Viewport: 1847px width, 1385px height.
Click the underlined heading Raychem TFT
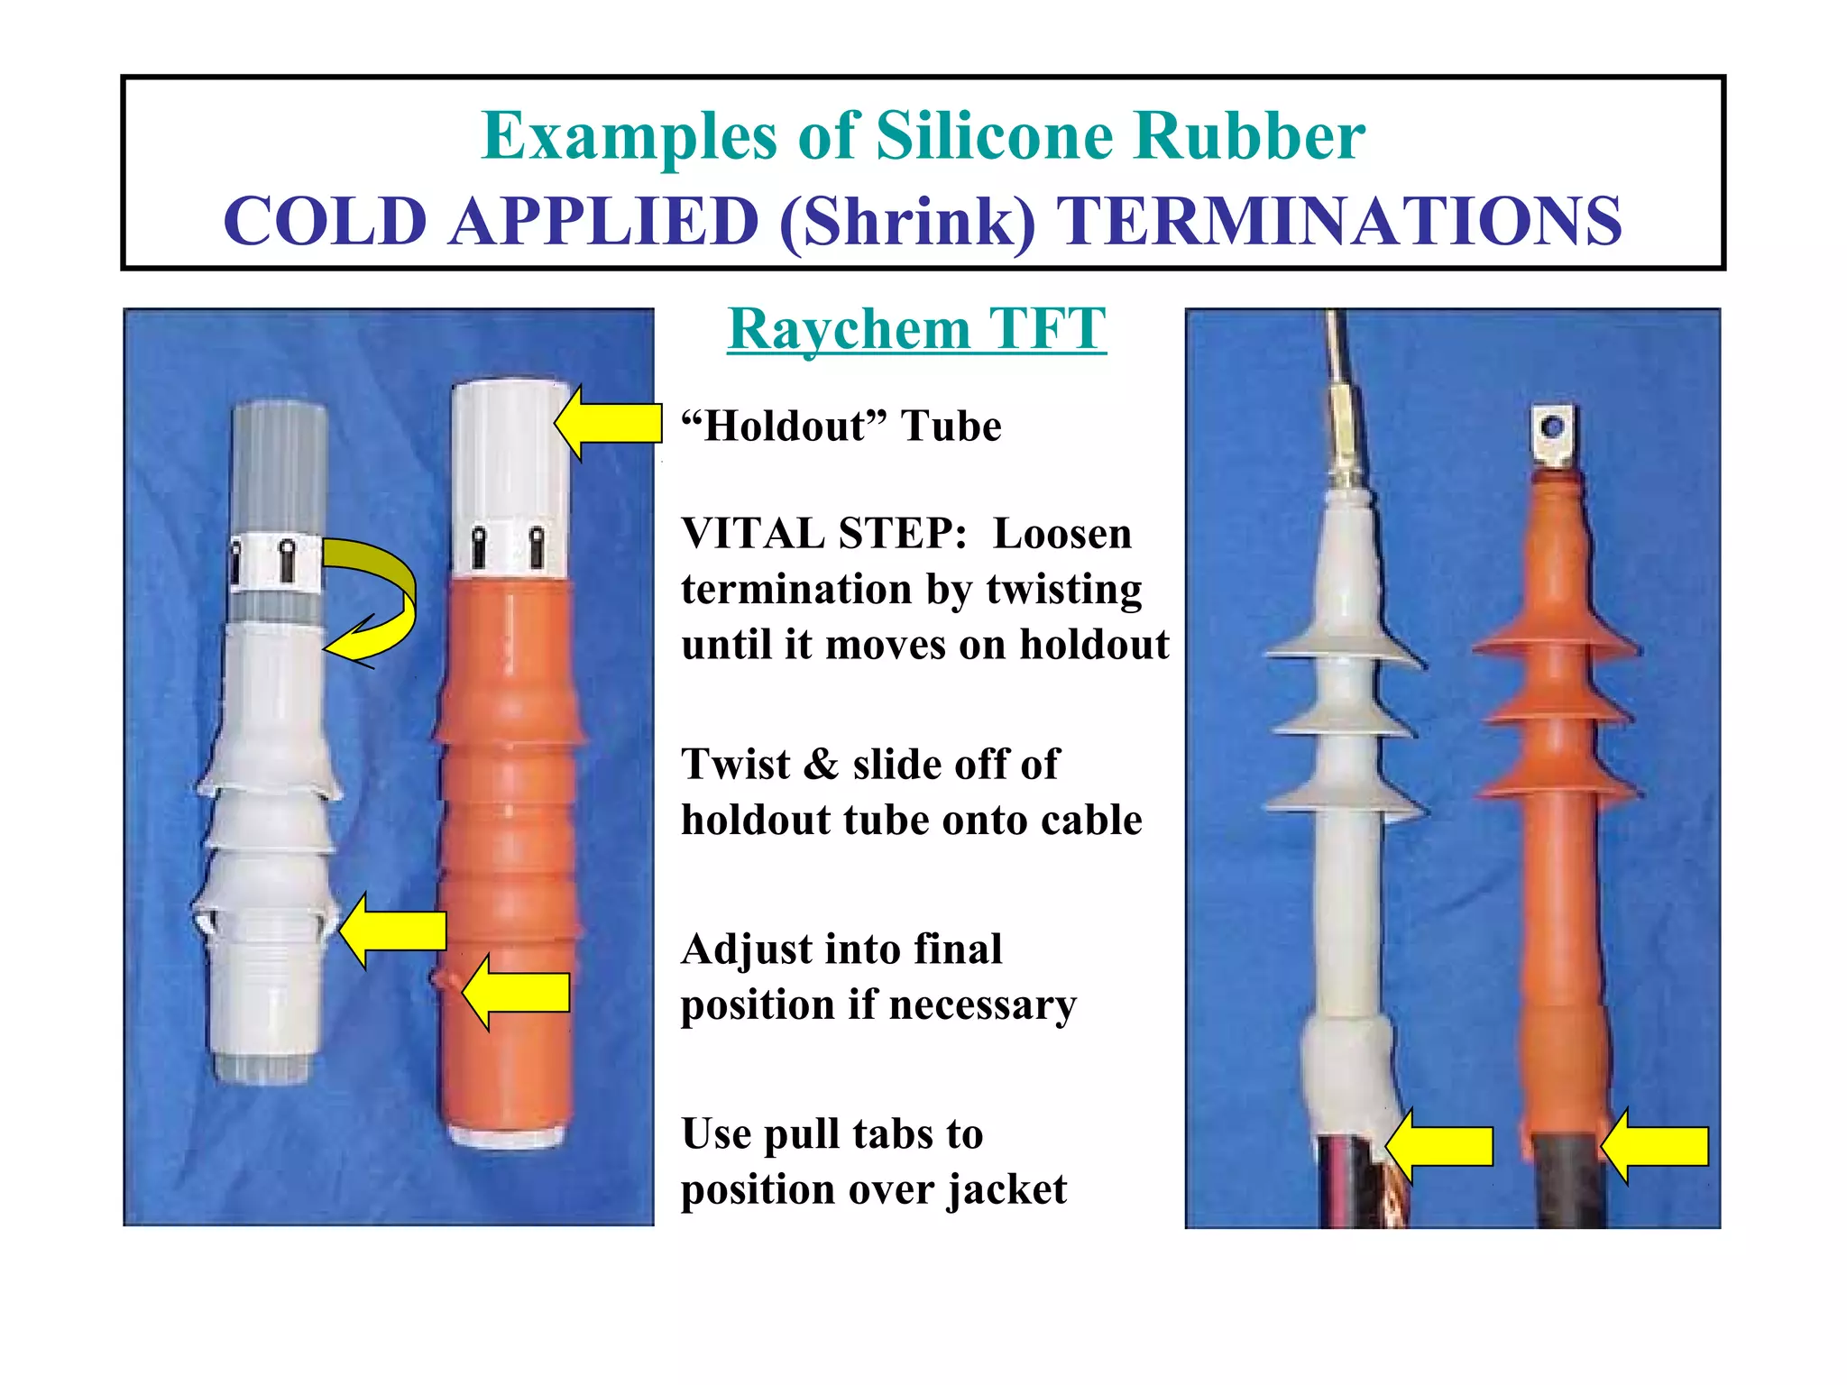[x=916, y=329]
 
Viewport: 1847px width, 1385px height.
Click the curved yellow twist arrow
[x=379, y=595]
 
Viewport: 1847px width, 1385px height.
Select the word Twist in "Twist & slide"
[x=736, y=765]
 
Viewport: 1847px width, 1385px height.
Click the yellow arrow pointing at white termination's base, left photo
[x=393, y=931]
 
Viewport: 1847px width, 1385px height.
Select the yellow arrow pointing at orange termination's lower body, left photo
[x=516, y=992]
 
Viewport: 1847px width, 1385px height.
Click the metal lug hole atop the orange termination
[x=1551, y=427]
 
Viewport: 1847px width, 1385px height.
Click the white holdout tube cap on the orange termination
[x=510, y=478]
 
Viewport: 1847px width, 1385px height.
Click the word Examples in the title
[x=629, y=137]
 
